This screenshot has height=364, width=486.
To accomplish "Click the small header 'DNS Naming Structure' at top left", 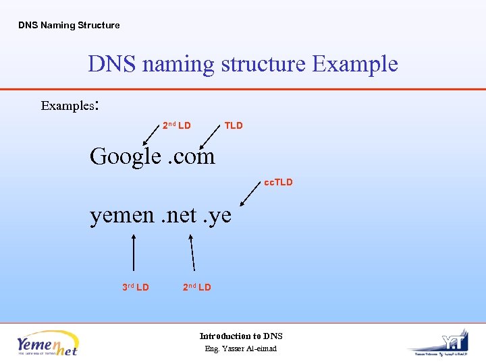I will coord(69,26).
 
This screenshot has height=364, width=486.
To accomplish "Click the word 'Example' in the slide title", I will coord(355,64).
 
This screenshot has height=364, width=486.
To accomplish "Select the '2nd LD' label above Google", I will coord(177,125).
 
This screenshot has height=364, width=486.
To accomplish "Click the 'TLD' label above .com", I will coord(234,125).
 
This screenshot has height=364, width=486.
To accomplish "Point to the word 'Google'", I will coord(125,156).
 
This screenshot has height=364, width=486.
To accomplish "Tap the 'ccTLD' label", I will coord(279,182).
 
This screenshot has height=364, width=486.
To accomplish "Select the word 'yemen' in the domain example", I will coord(122,215).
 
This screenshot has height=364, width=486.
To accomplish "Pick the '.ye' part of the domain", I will coord(219,216).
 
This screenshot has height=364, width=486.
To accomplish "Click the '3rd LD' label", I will coord(136,287).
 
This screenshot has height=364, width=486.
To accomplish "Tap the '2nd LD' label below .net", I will coord(197,287).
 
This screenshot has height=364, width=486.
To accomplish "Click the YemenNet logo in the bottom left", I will coord(48,342).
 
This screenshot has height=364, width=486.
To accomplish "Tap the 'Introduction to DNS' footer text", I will coord(241,336).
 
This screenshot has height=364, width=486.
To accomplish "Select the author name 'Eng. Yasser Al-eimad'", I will coord(241,348).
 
